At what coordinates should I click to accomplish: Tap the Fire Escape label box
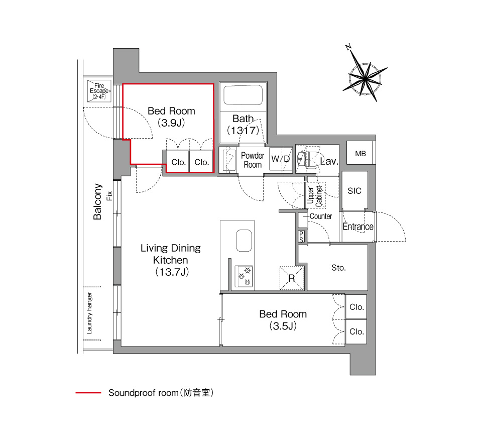coord(99,91)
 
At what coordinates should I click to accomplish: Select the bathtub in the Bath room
coord(243,95)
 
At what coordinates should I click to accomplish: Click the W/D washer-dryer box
coord(280,159)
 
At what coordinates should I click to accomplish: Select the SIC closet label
coord(354,191)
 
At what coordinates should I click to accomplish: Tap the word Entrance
coord(358,227)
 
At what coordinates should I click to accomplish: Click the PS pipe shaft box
coord(301,237)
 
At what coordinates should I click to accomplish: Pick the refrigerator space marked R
coord(291,278)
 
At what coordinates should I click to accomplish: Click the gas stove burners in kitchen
coord(244,276)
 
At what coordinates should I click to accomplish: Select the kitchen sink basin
coord(244,241)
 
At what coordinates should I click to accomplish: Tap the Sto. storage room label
coord(338,268)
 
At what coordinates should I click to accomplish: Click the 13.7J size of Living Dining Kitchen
coord(172,272)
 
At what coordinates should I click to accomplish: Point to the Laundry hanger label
coord(89,313)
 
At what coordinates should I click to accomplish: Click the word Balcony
coord(97,202)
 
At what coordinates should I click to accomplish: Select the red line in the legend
coord(88,393)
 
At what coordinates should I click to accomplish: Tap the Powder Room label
coord(253,160)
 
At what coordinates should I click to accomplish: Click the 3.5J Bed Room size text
coord(283,326)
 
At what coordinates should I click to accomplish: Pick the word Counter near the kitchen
coord(321,216)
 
